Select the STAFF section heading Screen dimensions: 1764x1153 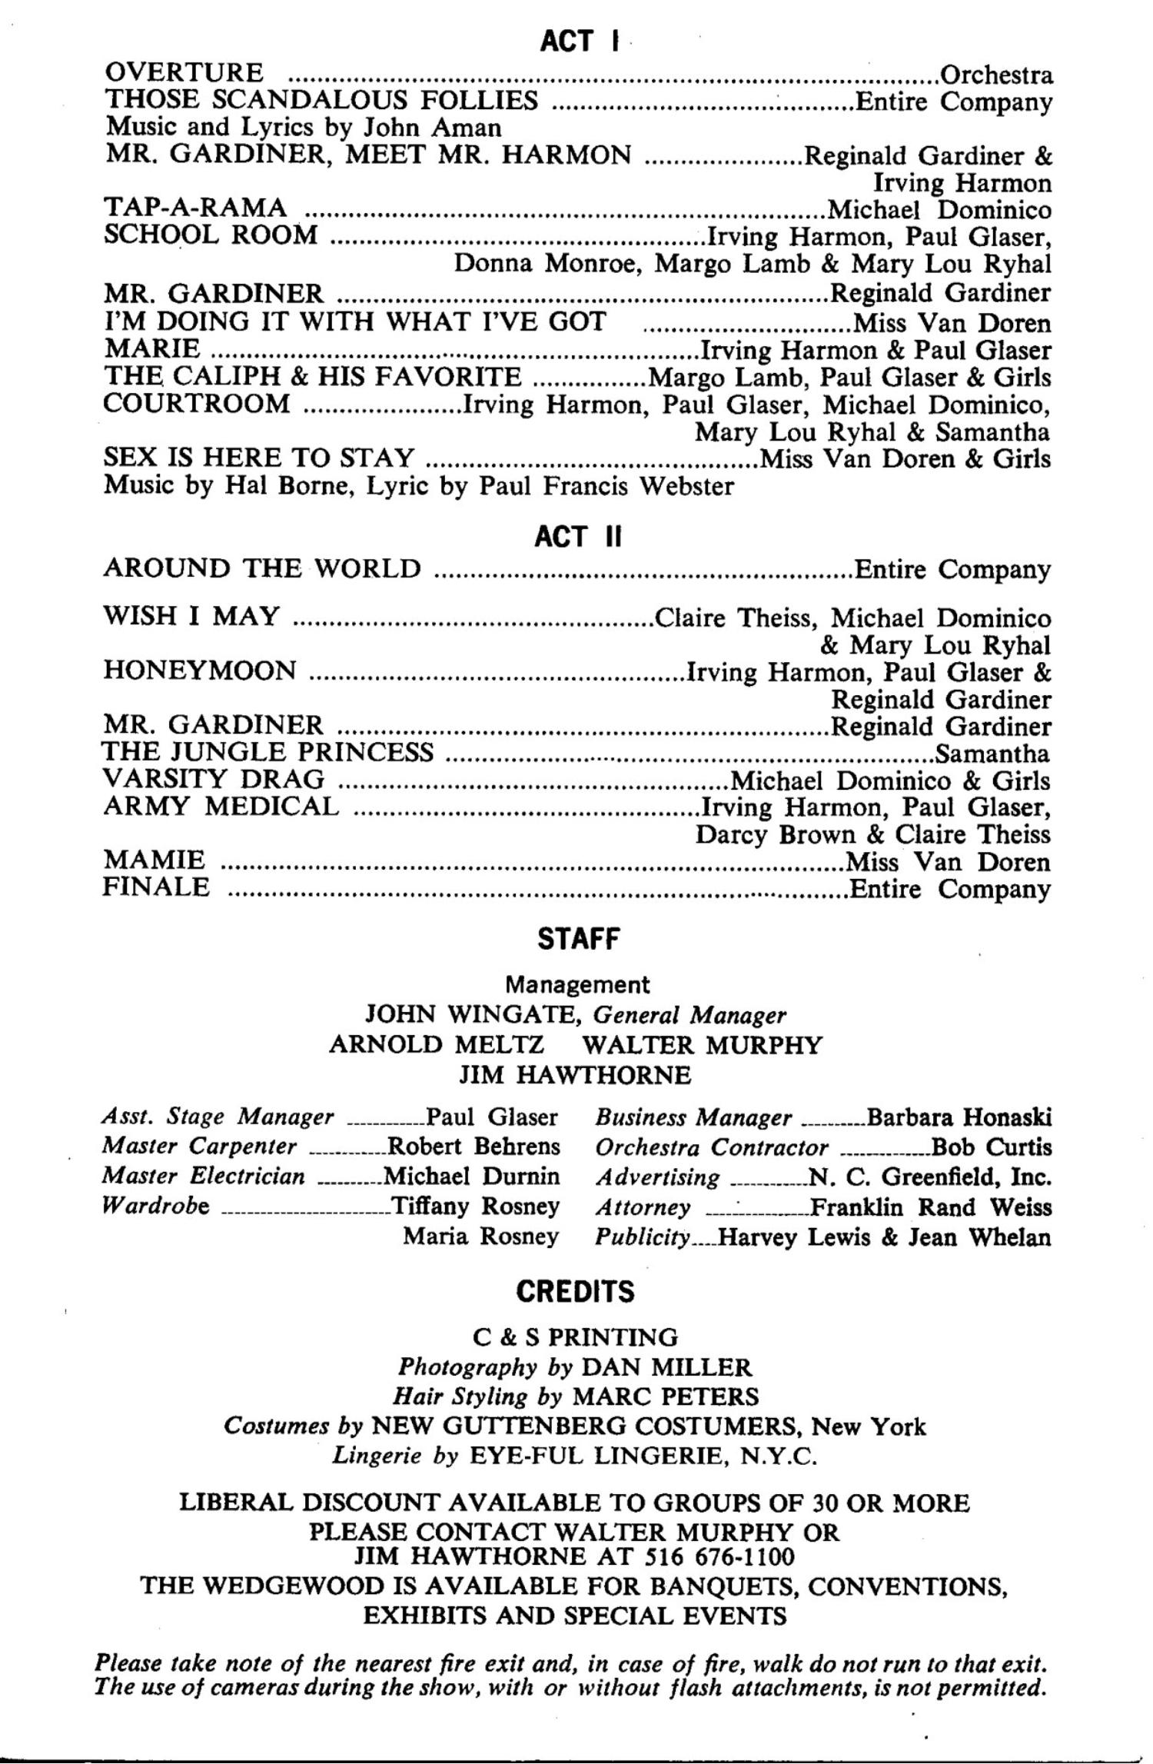click(578, 939)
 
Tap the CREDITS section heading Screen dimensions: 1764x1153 click(576, 1291)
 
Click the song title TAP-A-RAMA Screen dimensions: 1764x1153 click(195, 208)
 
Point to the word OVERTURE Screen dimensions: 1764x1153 click(184, 73)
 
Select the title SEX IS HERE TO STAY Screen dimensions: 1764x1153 click(259, 458)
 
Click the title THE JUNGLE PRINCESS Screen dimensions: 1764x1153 click(268, 751)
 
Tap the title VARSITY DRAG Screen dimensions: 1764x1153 click(214, 779)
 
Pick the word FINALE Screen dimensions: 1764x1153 click(156, 887)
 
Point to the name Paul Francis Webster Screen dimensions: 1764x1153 click(606, 486)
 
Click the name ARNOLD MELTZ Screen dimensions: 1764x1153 click(437, 1044)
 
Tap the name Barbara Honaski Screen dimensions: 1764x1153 click(959, 1117)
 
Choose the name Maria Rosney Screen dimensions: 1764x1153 click(481, 1236)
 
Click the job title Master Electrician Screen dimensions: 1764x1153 click(204, 1176)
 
